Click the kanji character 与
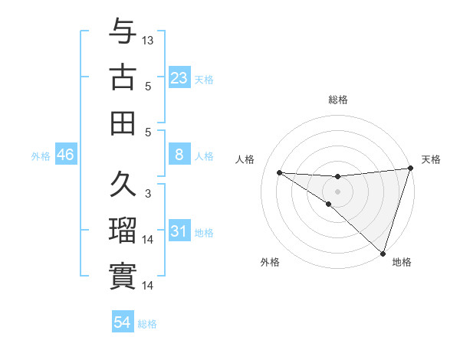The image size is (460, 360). click(x=123, y=32)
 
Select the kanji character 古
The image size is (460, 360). click(x=123, y=77)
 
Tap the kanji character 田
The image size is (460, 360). click(x=123, y=123)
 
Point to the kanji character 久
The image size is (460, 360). click(x=123, y=185)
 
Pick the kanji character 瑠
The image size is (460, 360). click(x=123, y=231)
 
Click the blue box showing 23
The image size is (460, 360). click(x=179, y=77)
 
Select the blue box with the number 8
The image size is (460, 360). click(x=179, y=155)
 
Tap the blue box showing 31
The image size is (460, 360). click(x=179, y=231)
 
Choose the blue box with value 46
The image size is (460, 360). click(x=66, y=155)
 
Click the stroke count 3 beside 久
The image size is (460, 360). click(x=148, y=194)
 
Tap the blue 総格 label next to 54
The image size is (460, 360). click(x=147, y=324)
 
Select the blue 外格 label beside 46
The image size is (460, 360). click(x=41, y=156)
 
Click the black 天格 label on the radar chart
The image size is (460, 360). click(x=431, y=159)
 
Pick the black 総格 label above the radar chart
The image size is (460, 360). click(x=338, y=100)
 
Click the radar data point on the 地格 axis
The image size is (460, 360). click(x=383, y=253)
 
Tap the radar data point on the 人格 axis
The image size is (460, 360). click(x=279, y=172)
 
